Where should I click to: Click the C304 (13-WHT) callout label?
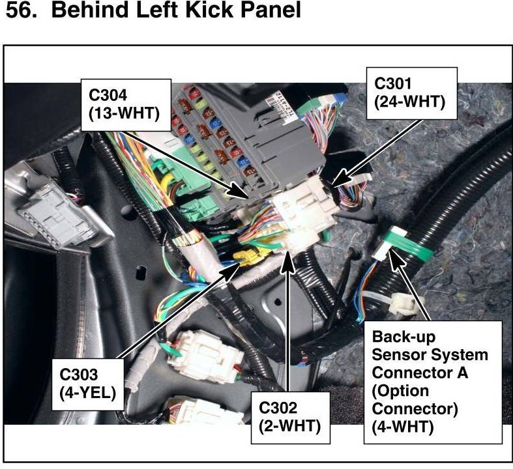124,103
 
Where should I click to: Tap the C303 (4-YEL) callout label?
88,383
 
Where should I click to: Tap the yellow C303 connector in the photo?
246,259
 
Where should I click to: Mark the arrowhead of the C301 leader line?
336,184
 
